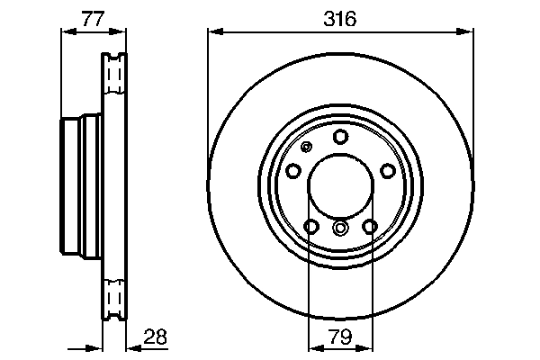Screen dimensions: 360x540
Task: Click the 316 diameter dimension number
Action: [x=340, y=17]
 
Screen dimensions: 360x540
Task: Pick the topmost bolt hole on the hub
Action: [x=340, y=137]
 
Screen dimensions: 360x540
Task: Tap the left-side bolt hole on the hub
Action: [x=293, y=171]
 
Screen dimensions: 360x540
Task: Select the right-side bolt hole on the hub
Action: [x=387, y=171]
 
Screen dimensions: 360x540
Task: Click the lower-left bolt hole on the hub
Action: [x=311, y=226]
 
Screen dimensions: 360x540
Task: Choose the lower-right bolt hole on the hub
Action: [x=369, y=226]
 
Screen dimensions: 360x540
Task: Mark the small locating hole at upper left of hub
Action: [x=307, y=148]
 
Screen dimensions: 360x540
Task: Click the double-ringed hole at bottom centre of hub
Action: [x=340, y=228]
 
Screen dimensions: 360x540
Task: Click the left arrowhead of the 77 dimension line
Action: [x=66, y=32]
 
